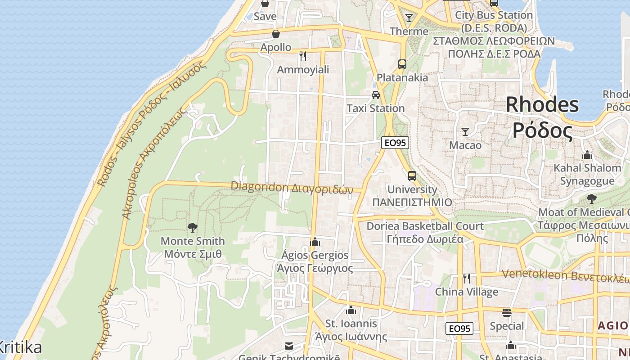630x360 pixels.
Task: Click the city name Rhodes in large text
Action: point(542,105)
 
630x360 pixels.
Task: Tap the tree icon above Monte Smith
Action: point(193,228)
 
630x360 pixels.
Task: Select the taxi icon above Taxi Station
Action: point(375,95)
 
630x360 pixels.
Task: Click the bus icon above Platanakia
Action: point(402,64)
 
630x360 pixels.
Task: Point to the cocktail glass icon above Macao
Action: point(465,132)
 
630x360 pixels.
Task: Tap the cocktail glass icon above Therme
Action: point(409,18)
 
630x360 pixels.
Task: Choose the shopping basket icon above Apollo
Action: point(275,34)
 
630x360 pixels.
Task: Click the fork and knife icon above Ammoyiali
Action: point(303,56)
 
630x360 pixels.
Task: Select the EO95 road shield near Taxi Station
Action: point(395,143)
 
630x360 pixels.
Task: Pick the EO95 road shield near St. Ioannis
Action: point(460,328)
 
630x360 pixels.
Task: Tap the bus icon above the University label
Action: point(412,176)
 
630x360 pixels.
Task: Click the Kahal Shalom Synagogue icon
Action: point(587,155)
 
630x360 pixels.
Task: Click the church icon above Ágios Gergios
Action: point(315,242)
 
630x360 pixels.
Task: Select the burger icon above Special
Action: point(507,312)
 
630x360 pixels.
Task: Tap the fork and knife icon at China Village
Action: point(467,279)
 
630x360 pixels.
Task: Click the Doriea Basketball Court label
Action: point(425,226)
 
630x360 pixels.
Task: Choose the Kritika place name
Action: point(20,347)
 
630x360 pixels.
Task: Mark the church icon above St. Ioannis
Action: point(351,310)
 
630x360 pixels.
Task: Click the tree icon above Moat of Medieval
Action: point(592,198)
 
